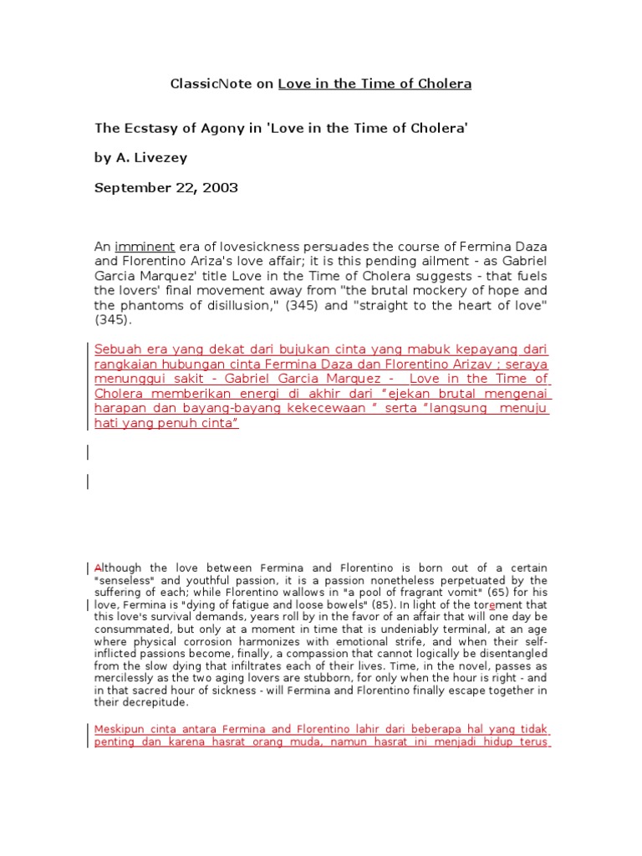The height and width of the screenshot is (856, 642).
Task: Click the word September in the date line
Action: pos(127,187)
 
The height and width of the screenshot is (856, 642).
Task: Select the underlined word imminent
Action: pos(145,247)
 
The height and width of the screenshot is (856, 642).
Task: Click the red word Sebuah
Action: pos(118,349)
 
